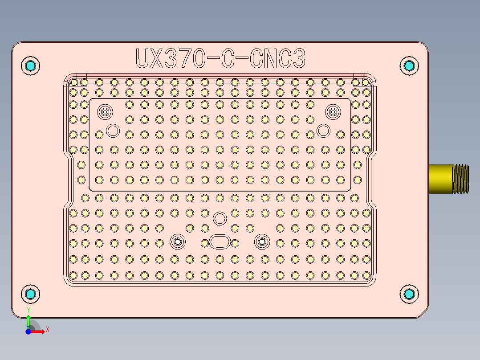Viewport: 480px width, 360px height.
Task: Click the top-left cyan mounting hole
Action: [31, 66]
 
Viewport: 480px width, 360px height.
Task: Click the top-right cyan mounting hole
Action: [409, 66]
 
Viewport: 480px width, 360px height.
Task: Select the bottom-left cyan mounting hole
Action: [31, 294]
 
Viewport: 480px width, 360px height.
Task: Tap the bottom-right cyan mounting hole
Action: [409, 294]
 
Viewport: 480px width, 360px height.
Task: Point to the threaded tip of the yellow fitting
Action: [461, 179]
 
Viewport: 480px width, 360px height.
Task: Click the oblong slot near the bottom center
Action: [220, 242]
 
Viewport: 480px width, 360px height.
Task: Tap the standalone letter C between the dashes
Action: [227, 59]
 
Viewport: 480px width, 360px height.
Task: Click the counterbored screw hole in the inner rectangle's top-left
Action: [106, 111]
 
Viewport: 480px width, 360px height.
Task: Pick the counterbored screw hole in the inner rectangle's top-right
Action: [332, 111]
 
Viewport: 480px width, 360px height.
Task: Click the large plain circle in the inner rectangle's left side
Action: [113, 131]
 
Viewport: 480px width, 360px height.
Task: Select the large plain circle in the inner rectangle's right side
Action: [323, 131]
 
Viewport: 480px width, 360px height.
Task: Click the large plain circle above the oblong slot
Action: [219, 218]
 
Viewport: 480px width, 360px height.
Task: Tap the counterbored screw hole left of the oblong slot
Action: [178, 241]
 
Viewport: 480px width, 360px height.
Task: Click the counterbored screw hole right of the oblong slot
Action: [262, 241]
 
